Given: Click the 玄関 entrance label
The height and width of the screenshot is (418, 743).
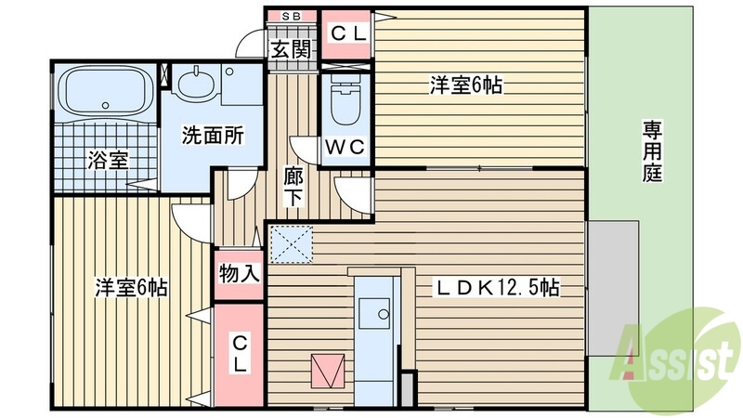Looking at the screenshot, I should [x=291, y=50].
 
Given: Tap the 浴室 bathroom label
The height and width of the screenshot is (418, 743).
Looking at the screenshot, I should [x=108, y=160].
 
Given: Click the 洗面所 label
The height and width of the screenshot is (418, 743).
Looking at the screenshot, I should [x=212, y=136].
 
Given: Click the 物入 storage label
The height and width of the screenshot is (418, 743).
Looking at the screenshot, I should [x=239, y=273].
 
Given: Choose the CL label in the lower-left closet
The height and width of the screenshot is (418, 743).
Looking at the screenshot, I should [x=239, y=352].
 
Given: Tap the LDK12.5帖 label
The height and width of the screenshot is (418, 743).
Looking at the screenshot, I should [x=498, y=289].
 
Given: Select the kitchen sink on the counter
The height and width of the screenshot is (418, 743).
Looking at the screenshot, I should [x=377, y=313].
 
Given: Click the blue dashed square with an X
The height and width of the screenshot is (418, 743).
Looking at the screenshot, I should [x=292, y=243].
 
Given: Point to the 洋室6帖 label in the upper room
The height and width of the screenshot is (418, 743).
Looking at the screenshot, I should [x=466, y=86].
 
